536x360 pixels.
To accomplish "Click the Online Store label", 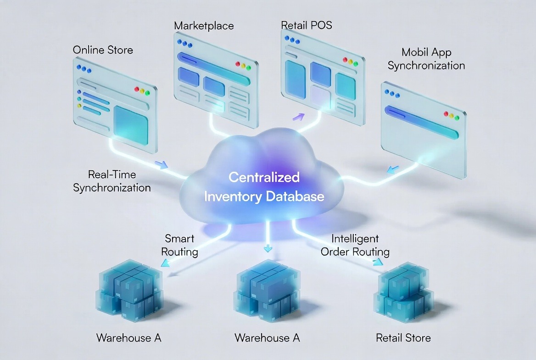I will pos(103,50).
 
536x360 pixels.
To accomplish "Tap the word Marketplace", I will pos(204,25).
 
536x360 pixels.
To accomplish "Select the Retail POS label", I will pos(306,24).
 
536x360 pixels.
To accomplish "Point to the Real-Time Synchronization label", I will pos(112,181).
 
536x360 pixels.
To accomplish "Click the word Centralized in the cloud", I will pos(264,177).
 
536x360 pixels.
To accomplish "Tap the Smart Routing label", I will pos(180,245).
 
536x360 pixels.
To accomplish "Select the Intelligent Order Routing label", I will pos(355,245).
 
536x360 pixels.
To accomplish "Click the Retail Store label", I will pos(403,338).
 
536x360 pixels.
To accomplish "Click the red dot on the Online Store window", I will pos(136,90).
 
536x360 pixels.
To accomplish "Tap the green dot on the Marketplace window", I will pos(248,67).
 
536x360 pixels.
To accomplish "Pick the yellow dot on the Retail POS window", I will pos(350,62).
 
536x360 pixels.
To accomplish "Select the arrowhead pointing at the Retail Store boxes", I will pos(378,262).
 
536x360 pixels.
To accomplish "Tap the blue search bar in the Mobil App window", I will pos(421,121).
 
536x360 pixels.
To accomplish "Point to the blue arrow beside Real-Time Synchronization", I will pos(161,164).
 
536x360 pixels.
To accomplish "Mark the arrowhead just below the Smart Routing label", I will pos(164,263).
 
